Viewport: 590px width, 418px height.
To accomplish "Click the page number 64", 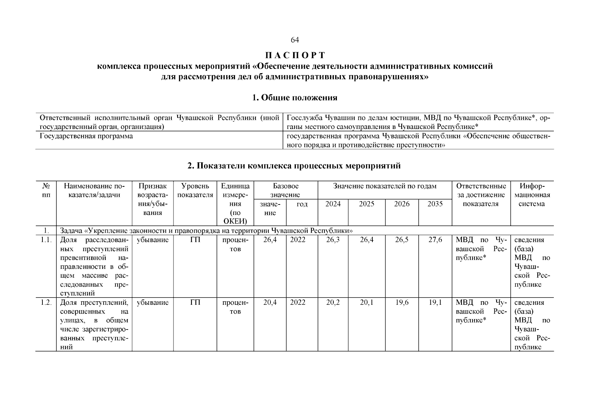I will click(x=294, y=40).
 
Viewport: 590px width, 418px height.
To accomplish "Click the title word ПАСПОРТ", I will click(x=295, y=55).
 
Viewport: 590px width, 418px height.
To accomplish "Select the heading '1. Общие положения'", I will click(x=294, y=98).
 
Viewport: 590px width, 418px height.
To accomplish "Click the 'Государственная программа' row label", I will click(x=86, y=136).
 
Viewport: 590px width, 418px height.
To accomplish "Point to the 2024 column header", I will click(x=333, y=204).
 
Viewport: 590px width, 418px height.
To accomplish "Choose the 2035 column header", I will click(x=435, y=204).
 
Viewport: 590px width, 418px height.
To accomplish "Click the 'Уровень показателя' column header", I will click(x=195, y=191).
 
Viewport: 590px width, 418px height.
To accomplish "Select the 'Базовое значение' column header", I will click(x=285, y=191).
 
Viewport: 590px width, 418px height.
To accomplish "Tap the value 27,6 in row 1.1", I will click(x=435, y=240).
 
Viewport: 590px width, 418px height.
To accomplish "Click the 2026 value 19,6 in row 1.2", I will click(x=402, y=303).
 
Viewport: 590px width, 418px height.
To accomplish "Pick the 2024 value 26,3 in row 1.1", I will click(x=333, y=240).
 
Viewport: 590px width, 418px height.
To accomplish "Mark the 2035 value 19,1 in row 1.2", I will click(x=435, y=303).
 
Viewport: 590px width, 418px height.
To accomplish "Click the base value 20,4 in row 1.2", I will click(x=270, y=303).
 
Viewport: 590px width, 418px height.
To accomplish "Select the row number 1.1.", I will click(x=46, y=240).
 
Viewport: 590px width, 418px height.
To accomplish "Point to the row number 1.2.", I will click(x=46, y=303).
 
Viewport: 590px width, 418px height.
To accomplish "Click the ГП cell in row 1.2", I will click(x=195, y=303).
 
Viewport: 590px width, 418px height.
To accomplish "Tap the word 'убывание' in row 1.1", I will click(x=153, y=240).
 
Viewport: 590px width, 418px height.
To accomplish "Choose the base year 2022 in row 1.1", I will click(x=298, y=240).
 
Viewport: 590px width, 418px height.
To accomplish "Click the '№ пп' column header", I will click(x=46, y=191).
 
